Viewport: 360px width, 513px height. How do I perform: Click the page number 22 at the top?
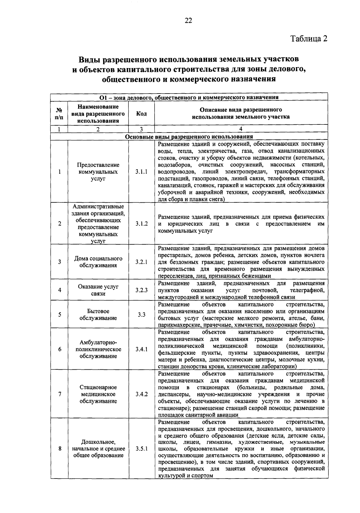188,20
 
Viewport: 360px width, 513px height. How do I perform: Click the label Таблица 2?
309,39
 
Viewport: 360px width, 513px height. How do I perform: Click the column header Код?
141,114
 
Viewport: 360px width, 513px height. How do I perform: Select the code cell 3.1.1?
141,172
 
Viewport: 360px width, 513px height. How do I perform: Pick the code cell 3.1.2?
141,224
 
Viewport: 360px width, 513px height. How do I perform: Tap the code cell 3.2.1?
141,262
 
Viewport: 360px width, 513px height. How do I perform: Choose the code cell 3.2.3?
141,290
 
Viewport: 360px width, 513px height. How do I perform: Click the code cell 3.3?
141,315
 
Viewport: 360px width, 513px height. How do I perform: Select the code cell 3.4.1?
141,349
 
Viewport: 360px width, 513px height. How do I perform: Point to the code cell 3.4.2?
141,394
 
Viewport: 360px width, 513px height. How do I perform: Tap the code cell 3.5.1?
141,449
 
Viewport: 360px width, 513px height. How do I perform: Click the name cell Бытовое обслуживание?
98,315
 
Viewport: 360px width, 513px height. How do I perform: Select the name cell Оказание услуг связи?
98,290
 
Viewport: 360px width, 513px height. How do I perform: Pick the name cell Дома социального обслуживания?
98,262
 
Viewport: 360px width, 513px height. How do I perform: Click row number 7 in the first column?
60,394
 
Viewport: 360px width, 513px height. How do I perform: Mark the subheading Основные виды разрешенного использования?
189,136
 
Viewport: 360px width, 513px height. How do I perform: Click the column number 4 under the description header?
241,129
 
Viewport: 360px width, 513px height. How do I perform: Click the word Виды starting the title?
89,60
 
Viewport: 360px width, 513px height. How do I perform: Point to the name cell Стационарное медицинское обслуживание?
98,394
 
